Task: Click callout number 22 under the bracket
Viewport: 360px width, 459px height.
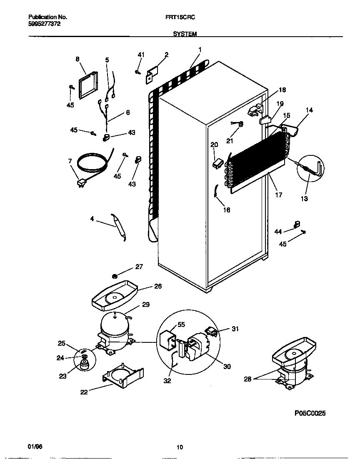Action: tap(84, 392)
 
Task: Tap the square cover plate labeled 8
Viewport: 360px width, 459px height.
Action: tap(88, 85)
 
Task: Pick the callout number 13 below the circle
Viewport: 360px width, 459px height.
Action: tap(304, 199)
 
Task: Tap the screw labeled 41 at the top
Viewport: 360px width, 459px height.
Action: tap(137, 72)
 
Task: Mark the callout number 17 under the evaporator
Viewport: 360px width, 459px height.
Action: tap(278, 195)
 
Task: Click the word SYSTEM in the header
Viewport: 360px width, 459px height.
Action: tap(185, 34)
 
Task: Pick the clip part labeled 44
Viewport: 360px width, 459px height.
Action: tap(297, 225)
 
